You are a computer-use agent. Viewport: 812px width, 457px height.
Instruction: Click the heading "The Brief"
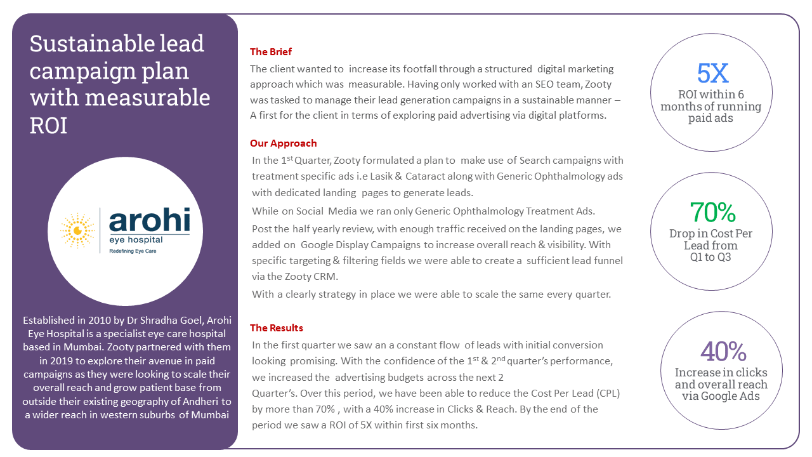pos(271,52)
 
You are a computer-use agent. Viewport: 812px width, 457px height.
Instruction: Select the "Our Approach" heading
pos(283,143)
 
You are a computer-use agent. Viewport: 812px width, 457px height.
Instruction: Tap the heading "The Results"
pos(277,328)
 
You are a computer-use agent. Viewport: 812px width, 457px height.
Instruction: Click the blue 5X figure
pos(712,74)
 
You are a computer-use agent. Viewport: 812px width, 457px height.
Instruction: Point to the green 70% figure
pos(712,212)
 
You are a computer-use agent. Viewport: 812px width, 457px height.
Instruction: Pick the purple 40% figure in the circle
pos(721,352)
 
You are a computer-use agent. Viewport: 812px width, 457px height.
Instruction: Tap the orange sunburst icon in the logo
pos(77,230)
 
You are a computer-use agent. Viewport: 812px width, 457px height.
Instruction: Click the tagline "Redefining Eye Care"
pos(133,251)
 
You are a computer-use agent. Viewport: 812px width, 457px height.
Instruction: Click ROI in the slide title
pos(48,125)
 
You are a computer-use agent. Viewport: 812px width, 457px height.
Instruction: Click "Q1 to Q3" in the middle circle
pos(710,258)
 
